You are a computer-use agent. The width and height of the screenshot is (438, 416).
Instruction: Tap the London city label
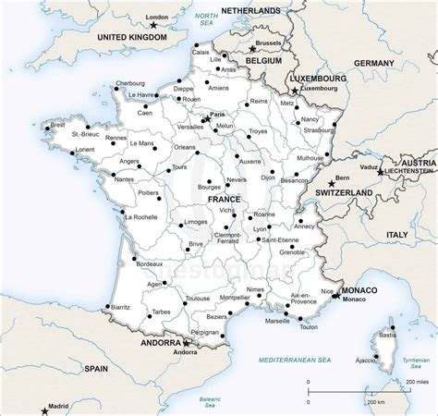click(158, 18)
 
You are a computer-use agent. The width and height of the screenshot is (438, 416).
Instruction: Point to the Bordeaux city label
click(149, 264)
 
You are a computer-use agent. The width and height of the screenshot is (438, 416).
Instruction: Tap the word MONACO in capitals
click(359, 291)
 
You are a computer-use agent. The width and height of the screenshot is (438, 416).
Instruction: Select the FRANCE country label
click(224, 200)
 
